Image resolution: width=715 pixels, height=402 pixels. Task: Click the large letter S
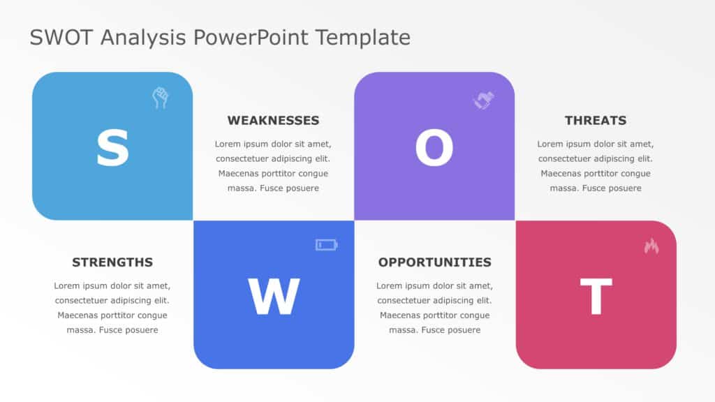pos(112,148)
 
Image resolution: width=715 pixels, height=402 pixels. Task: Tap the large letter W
pos(274,297)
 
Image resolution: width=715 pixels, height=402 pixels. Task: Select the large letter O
pos(434,149)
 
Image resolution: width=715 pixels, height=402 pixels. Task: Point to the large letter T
pos(596,297)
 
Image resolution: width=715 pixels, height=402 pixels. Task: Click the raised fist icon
pos(161,98)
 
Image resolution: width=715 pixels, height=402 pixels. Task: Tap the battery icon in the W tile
pos(326,244)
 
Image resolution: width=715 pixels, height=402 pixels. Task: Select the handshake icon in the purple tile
pos(483,100)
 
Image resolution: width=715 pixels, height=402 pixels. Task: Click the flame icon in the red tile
pos(651,246)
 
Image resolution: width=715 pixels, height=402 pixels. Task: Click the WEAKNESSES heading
pos(273,120)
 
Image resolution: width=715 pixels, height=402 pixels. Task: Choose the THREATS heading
pos(596,120)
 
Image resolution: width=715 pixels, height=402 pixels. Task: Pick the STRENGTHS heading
pos(112,262)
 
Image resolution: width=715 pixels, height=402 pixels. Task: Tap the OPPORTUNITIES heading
pos(434,262)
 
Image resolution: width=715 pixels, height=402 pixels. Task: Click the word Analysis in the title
pos(143,37)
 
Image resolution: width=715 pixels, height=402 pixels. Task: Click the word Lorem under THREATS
pos(551,144)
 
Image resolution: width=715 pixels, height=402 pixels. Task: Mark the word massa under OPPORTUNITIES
pos(402,330)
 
